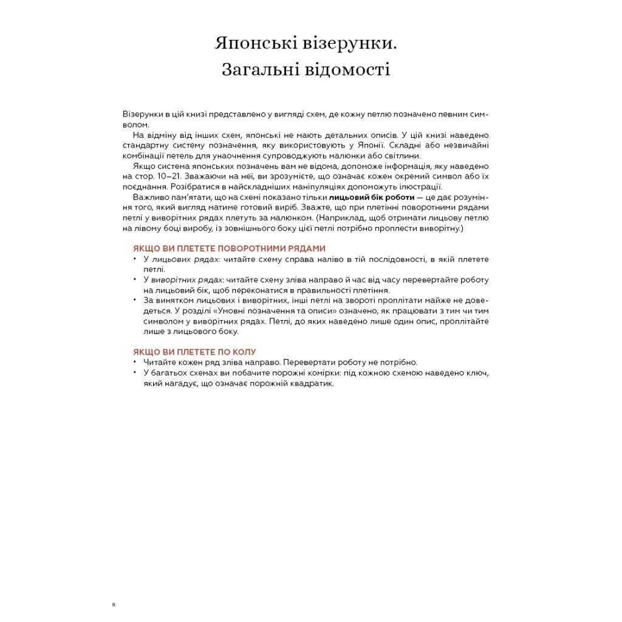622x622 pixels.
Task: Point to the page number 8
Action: (114, 604)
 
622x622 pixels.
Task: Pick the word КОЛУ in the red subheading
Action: (244, 352)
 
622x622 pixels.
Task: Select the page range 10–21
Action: (160, 176)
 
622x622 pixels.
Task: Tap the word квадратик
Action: (314, 383)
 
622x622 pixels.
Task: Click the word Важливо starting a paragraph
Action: (149, 197)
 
